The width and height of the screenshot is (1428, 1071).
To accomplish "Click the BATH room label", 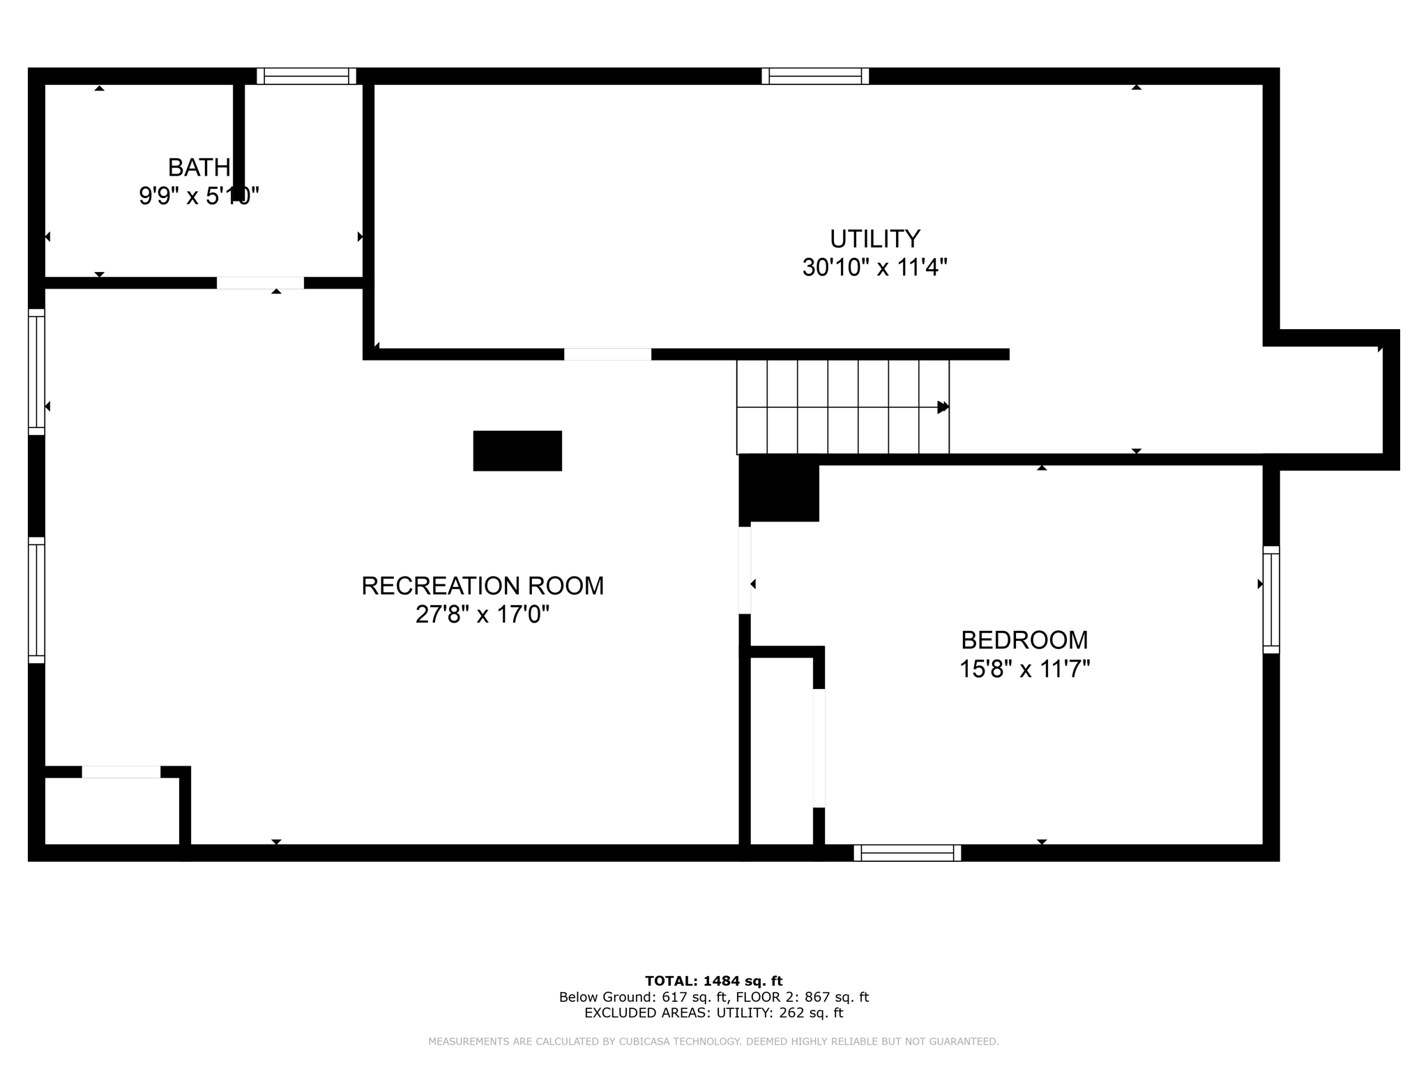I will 199,167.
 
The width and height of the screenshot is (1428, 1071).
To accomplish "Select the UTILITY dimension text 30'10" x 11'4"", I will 874,268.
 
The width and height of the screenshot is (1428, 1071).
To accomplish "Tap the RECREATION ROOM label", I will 483,586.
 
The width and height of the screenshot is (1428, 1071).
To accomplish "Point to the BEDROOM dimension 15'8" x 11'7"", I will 1024,669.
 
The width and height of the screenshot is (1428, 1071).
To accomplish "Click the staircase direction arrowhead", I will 943,407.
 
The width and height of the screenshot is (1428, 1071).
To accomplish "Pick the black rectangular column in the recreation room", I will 517,451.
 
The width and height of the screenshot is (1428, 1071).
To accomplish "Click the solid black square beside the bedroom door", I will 780,489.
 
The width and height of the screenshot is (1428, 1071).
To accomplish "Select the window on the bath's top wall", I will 307,76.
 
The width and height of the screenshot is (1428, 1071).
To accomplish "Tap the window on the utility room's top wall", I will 815,76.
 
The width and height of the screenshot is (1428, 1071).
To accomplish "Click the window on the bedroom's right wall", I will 1271,600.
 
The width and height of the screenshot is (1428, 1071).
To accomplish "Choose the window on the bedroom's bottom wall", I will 907,853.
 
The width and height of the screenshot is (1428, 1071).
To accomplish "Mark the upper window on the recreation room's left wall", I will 36,372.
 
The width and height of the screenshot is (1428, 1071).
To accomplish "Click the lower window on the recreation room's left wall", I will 36,600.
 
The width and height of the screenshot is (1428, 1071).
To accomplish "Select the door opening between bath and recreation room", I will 260,283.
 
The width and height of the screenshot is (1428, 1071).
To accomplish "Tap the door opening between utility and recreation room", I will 607,354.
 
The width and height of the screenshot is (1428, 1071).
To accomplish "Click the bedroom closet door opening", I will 819,747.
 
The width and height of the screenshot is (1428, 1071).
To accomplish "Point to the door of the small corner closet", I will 121,772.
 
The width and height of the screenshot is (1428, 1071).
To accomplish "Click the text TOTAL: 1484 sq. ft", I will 713,981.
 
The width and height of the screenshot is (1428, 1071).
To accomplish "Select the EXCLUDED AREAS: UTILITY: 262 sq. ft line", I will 713,1013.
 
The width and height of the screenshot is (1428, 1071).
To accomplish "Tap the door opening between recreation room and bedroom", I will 745,570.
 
